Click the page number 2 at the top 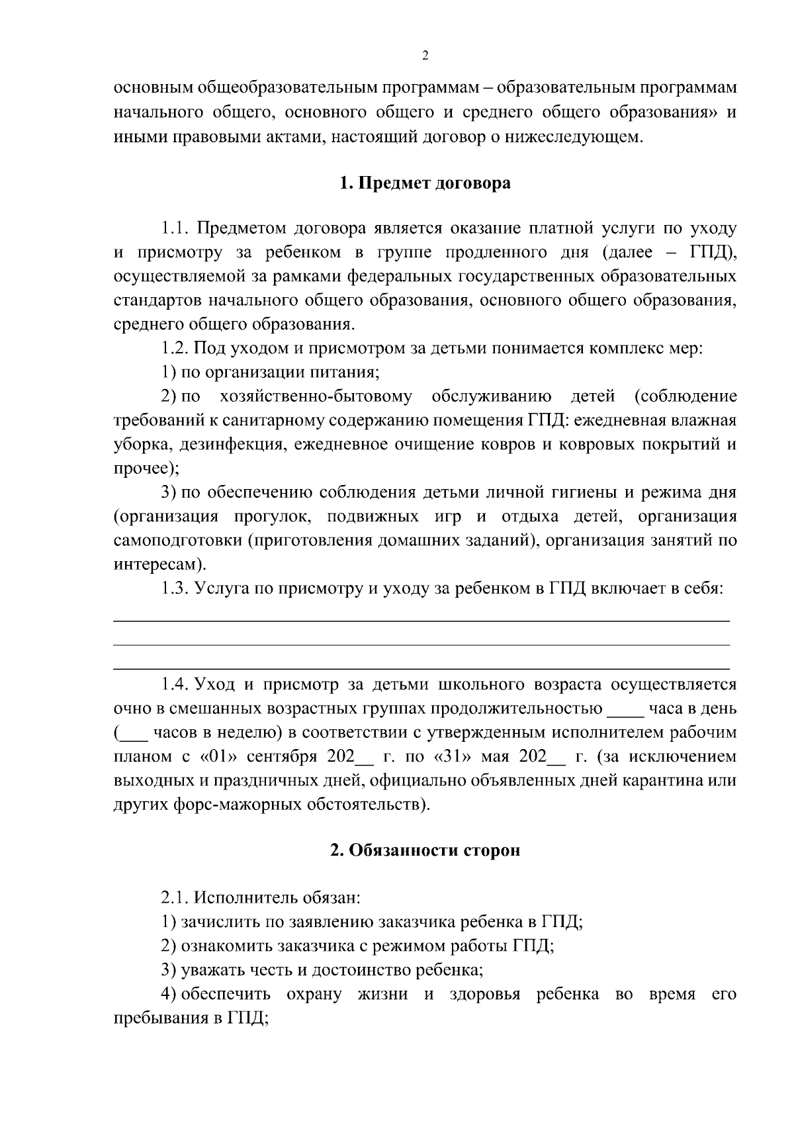click(x=425, y=56)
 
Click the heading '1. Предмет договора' click(x=425, y=183)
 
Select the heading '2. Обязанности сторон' click(x=425, y=850)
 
